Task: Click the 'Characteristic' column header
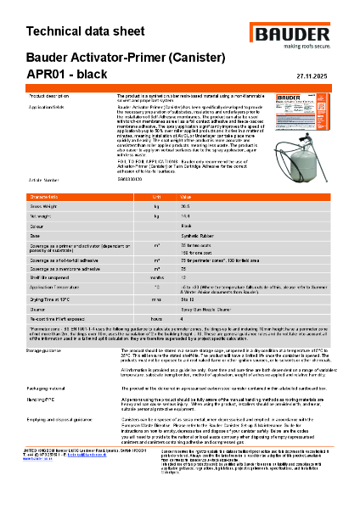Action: [48, 196]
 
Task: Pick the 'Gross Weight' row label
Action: [45, 206]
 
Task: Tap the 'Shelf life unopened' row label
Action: [50, 277]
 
